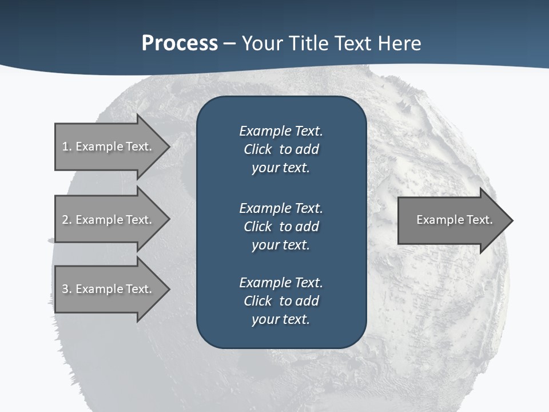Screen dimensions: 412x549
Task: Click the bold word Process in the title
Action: click(x=180, y=43)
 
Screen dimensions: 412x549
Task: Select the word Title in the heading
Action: click(x=309, y=43)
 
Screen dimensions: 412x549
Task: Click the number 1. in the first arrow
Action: click(x=67, y=146)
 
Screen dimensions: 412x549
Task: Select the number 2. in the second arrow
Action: click(x=67, y=220)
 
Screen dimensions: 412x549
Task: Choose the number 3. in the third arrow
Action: click(x=67, y=289)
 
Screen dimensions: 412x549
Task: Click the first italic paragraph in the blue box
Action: click(x=281, y=149)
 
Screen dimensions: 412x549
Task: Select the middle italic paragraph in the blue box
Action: click(x=281, y=227)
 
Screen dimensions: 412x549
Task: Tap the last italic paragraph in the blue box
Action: click(x=281, y=301)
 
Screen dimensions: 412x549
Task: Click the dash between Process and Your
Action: click(x=230, y=43)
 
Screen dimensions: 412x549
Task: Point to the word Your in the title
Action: click(x=262, y=43)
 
